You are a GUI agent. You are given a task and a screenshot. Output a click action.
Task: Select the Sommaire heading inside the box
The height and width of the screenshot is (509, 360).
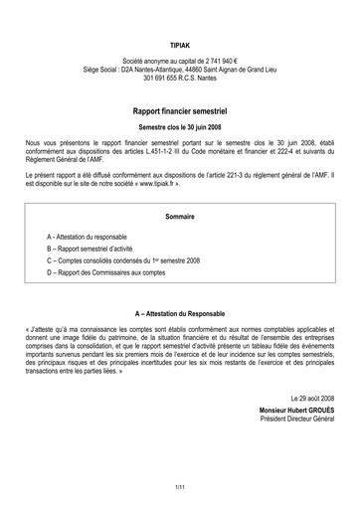pos(180,216)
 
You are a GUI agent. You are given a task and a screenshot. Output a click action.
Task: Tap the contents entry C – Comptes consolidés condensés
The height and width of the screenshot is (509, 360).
pos(125,266)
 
